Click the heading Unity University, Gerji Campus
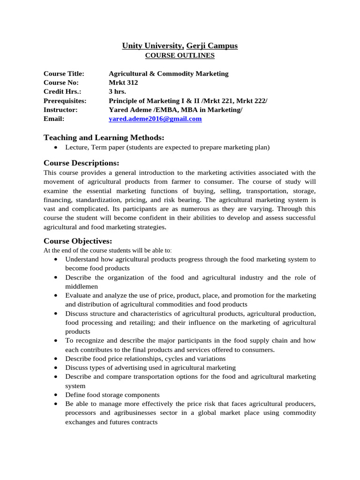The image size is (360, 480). (x=180, y=45)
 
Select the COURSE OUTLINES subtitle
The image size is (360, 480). (x=180, y=55)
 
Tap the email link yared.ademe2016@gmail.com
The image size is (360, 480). (x=155, y=119)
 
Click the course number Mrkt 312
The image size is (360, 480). (x=123, y=83)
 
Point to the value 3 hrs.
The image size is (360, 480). (x=117, y=92)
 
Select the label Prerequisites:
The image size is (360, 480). (x=65, y=101)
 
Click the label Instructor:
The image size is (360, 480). (x=60, y=110)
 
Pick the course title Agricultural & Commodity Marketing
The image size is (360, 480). (x=168, y=74)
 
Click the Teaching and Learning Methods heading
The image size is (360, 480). (x=104, y=137)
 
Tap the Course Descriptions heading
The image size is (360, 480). (x=81, y=163)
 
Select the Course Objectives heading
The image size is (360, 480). (x=78, y=241)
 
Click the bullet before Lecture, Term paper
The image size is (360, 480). (x=56, y=148)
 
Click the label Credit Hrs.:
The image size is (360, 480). (x=62, y=92)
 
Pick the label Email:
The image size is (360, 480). (x=54, y=119)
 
